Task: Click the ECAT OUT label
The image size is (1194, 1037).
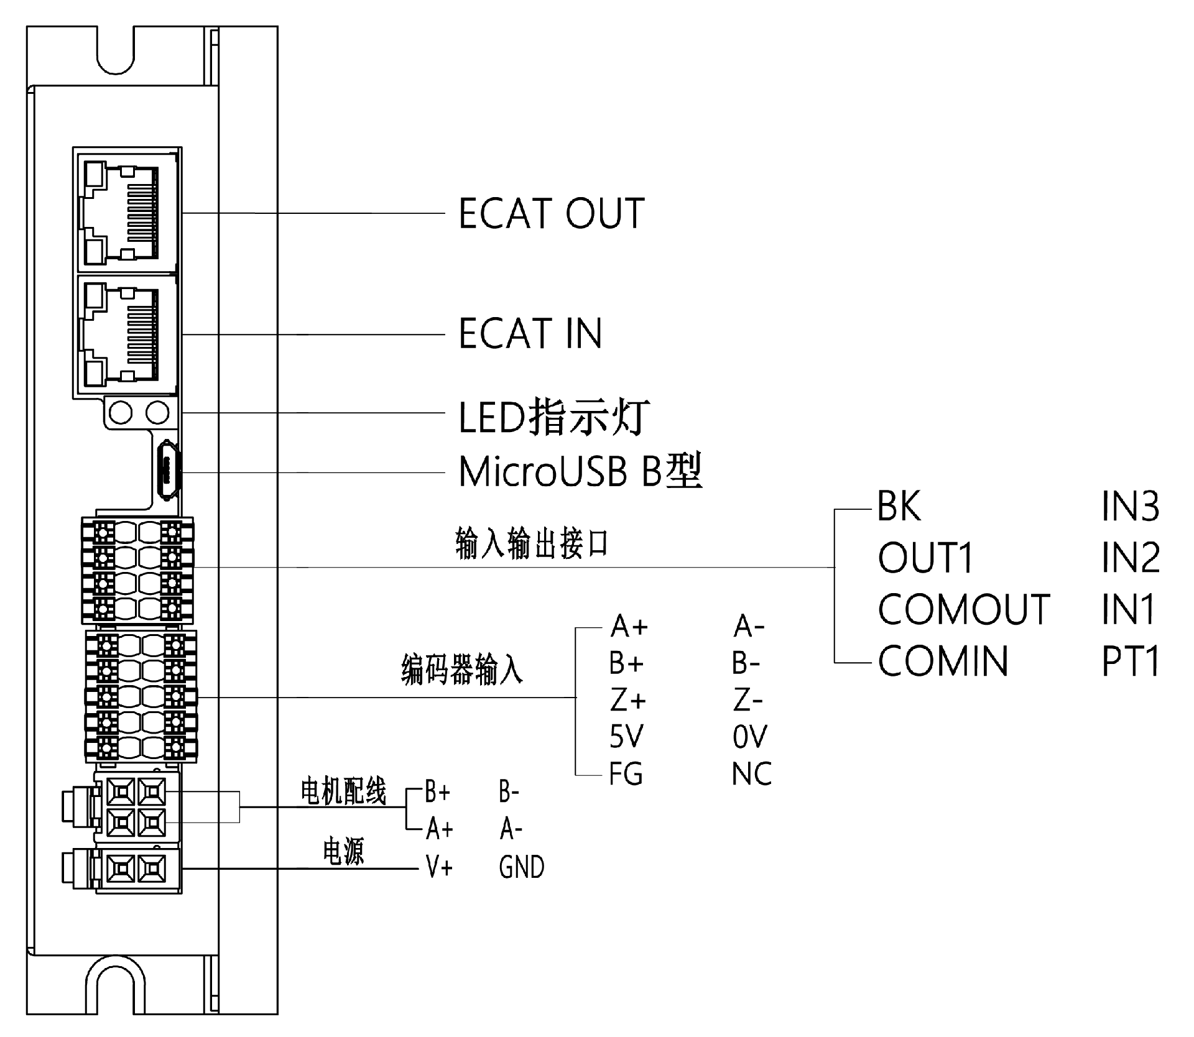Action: point(551,214)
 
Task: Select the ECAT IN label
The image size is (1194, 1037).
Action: point(530,333)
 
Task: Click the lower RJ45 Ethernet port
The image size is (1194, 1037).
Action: point(127,333)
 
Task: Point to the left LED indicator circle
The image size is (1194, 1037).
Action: point(121,412)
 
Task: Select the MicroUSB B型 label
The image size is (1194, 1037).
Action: point(580,471)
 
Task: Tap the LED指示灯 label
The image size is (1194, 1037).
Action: point(553,417)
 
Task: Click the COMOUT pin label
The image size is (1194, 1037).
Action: point(963,609)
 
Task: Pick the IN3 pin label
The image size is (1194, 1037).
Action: point(1130,507)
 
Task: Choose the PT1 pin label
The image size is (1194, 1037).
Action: point(1130,661)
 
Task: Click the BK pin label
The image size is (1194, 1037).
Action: point(899,507)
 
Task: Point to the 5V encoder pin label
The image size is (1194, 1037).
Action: point(626,737)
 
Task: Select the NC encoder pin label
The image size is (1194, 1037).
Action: point(751,774)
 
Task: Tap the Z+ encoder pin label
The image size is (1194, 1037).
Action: point(627,701)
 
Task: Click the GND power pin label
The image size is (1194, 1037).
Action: point(521,867)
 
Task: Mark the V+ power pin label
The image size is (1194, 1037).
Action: point(439,867)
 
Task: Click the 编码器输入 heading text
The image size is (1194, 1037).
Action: point(461,670)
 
